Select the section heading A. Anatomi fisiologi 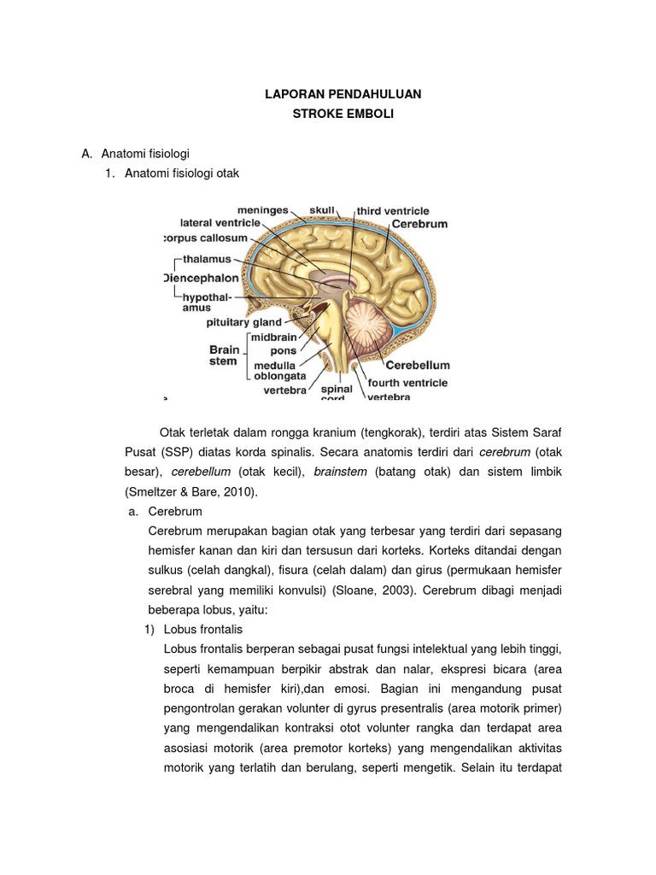coord(134,154)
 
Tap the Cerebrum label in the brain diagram coord(419,224)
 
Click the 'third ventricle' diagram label coord(392,210)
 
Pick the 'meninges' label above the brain coord(263,208)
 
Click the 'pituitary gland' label coord(243,323)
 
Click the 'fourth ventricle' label coord(407,384)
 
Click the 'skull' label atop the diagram coord(322,209)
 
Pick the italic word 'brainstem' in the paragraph coord(341,473)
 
